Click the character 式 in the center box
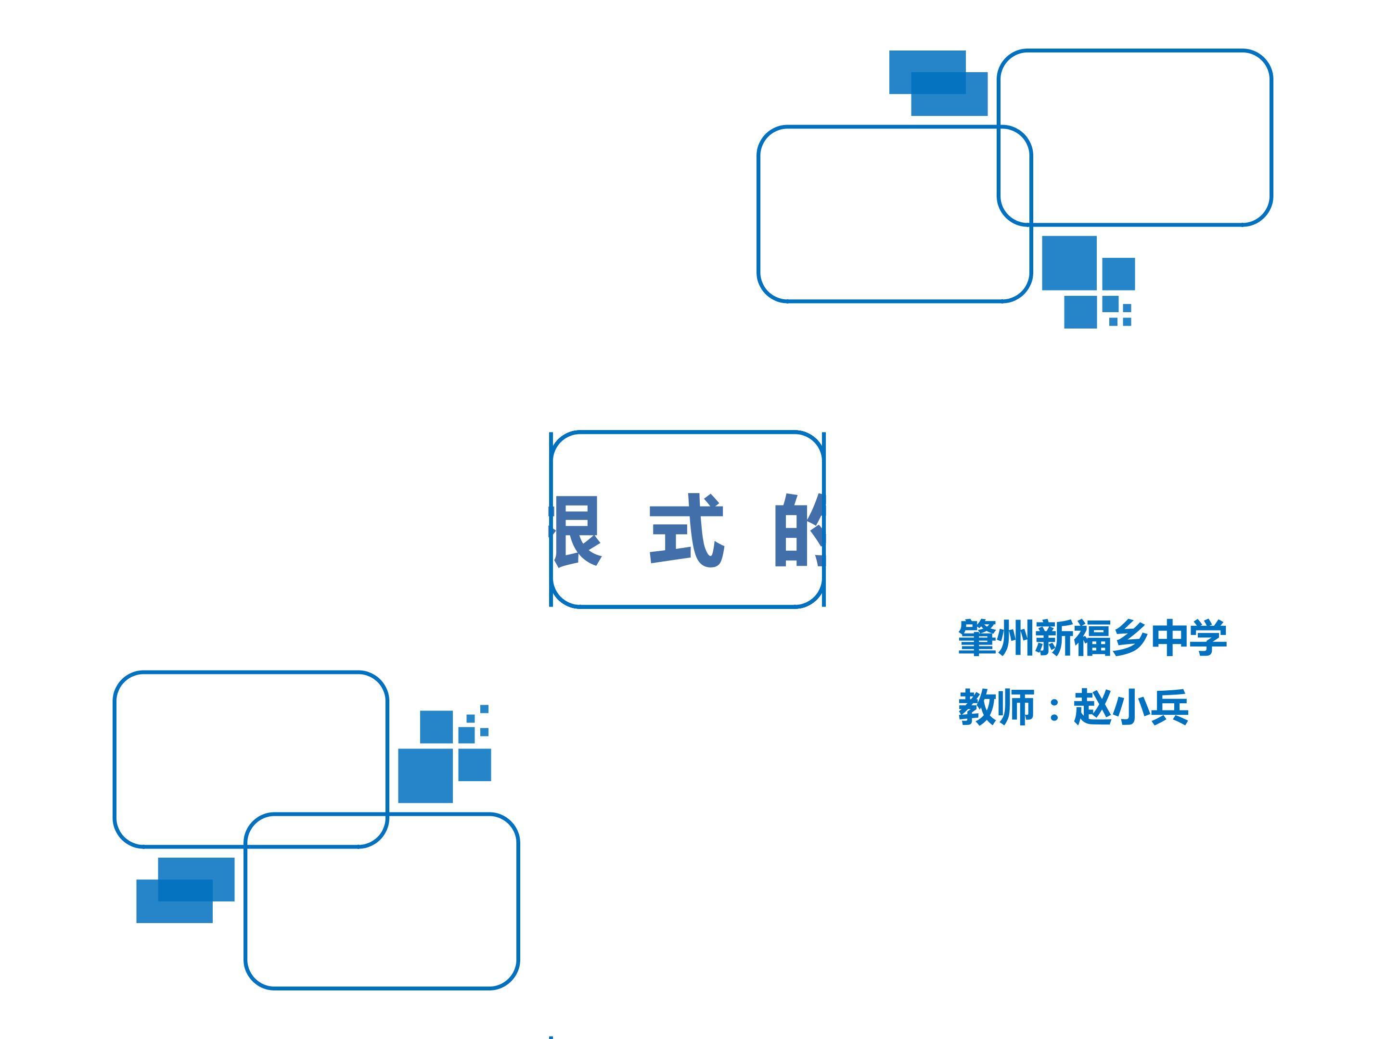687,531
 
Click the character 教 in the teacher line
977,708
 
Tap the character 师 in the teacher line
1015,708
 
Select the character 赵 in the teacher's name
1092,708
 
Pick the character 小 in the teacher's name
1131,708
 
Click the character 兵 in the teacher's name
1169,708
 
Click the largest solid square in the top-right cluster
1069,263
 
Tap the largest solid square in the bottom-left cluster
425,775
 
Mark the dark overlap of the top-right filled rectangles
938,83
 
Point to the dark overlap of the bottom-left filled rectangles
185,890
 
